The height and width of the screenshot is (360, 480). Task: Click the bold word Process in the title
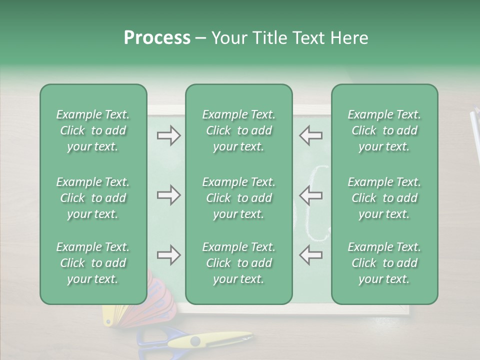click(157, 38)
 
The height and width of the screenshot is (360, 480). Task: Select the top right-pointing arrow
click(168, 135)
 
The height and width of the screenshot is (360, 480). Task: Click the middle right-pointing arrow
click(168, 195)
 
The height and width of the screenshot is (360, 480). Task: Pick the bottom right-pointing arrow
click(168, 255)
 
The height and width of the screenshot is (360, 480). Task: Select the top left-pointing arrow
click(310, 135)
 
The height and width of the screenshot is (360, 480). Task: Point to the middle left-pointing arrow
click(310, 195)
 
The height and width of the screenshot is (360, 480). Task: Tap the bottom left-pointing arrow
click(310, 255)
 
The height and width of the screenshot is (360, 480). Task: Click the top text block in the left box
click(93, 130)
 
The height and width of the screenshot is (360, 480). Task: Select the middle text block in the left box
click(93, 198)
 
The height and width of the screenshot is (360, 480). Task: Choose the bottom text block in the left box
click(93, 263)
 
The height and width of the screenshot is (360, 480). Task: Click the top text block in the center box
click(239, 130)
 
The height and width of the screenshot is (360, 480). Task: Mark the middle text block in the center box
click(239, 198)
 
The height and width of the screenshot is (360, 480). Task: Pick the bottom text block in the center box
click(239, 263)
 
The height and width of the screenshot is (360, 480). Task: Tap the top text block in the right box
click(384, 130)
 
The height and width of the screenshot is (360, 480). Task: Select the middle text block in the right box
click(384, 198)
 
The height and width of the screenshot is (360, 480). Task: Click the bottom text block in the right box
click(384, 263)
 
